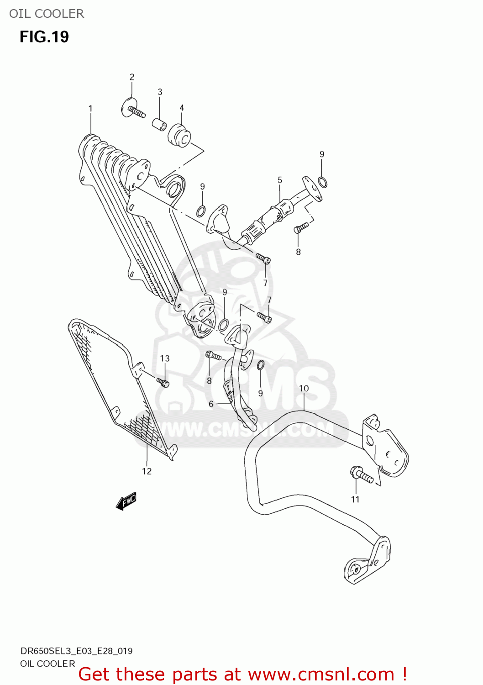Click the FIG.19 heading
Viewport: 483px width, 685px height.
pyautogui.click(x=44, y=37)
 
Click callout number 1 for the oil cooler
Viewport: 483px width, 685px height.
pyautogui.click(x=90, y=109)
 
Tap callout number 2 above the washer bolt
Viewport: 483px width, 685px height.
pyautogui.click(x=132, y=77)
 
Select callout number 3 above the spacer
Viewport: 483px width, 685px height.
pyautogui.click(x=160, y=92)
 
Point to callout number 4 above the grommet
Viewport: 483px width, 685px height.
pyautogui.click(x=182, y=108)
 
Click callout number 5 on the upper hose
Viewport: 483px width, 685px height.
pyautogui.click(x=280, y=180)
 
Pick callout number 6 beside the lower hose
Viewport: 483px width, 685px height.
pyautogui.click(x=211, y=404)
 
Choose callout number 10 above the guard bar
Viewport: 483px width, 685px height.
pyautogui.click(x=304, y=388)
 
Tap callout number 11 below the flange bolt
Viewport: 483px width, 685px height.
pyautogui.click(x=355, y=500)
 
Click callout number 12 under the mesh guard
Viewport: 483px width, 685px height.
pyautogui.click(x=147, y=471)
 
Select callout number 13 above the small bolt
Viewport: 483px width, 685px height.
pyautogui.click(x=165, y=358)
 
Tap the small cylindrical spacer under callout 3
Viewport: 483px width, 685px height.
pyautogui.click(x=159, y=124)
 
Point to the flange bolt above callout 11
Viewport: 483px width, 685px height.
pyautogui.click(x=361, y=474)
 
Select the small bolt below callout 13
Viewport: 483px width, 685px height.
pyautogui.click(x=163, y=382)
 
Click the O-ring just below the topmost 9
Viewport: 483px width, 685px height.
pyautogui.click(x=322, y=182)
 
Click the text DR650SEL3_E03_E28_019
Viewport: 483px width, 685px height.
pyautogui.click(x=76, y=651)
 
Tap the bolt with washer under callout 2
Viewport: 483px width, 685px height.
pyautogui.click(x=133, y=110)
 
